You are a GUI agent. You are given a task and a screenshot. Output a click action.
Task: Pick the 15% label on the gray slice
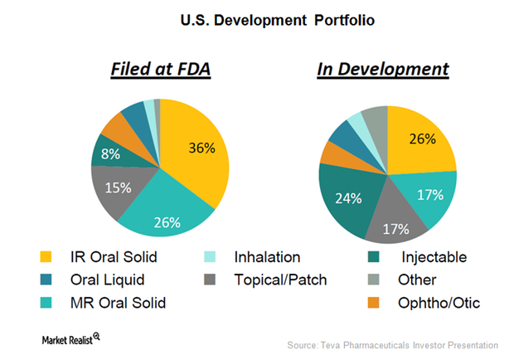click(119, 187)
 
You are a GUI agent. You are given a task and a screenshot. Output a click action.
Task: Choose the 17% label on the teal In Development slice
click(429, 195)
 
